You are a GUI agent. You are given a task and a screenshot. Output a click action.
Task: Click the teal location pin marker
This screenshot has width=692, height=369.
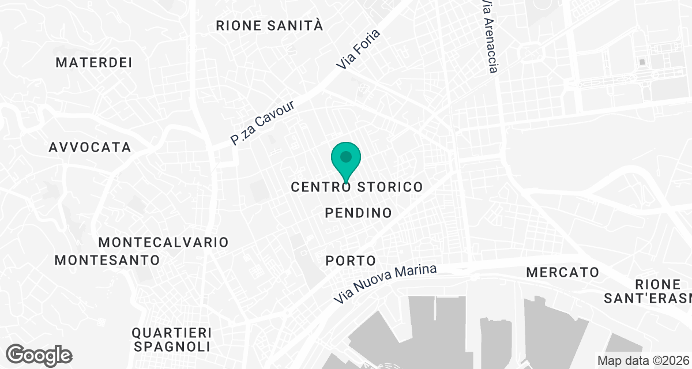(346, 161)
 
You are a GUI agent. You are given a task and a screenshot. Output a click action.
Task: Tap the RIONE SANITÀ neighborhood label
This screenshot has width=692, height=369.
(269, 25)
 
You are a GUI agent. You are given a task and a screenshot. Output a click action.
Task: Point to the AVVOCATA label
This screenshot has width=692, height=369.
(90, 147)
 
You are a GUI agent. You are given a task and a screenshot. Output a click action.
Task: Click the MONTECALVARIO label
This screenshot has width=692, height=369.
(164, 242)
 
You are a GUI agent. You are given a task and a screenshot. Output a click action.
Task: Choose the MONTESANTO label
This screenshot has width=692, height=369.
(107, 260)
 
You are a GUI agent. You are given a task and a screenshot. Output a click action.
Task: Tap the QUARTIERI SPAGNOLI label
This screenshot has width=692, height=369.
(171, 340)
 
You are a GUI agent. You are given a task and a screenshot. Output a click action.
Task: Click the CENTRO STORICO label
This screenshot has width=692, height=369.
(357, 187)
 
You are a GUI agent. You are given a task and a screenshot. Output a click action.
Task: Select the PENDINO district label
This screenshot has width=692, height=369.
(359, 213)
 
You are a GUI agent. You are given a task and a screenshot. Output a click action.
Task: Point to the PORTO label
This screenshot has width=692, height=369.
(351, 261)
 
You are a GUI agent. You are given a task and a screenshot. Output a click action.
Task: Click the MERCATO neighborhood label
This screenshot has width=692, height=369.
(563, 272)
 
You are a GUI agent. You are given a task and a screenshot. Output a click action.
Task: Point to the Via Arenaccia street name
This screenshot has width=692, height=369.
(489, 36)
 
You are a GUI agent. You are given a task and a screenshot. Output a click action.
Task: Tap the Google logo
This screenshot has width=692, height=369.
(40, 355)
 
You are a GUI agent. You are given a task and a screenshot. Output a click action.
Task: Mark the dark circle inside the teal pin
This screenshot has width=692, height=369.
(346, 156)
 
